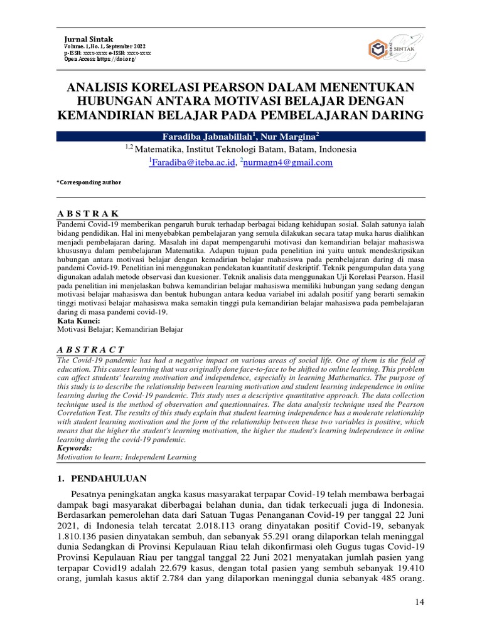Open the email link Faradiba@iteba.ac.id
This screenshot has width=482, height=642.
coord(191,162)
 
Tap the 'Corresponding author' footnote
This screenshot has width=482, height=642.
coord(88,182)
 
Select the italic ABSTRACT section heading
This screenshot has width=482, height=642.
coord(90,349)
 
